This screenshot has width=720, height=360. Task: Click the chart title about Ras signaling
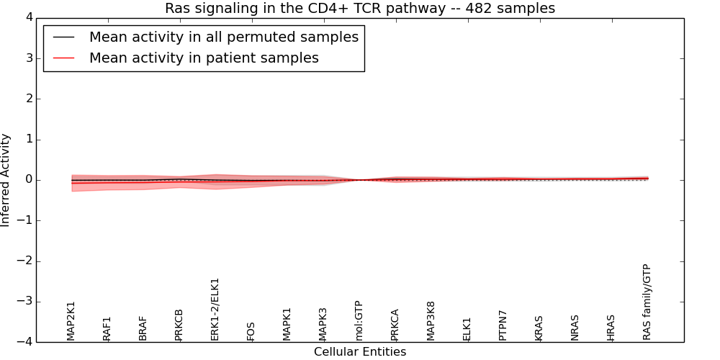tap(359, 8)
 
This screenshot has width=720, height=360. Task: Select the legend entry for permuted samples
tap(223, 37)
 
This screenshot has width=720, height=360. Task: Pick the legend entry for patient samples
tap(204, 58)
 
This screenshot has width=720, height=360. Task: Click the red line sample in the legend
tap(64, 58)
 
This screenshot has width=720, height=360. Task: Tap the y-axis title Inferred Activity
tap(6, 180)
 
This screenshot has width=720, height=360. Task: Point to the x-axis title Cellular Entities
tap(359, 352)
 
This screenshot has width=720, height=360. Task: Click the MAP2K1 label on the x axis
tap(71, 320)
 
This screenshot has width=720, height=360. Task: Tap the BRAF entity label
tap(143, 328)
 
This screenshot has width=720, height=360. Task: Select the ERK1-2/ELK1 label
tap(215, 309)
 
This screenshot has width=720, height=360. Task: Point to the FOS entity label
tap(251, 331)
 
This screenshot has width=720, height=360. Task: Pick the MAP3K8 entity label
tap(431, 320)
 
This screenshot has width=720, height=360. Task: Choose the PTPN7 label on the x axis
tap(503, 325)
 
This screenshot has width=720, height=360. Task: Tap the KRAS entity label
tap(539, 328)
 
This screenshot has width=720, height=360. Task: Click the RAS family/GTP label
tap(647, 302)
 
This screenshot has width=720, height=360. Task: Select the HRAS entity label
tap(611, 328)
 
